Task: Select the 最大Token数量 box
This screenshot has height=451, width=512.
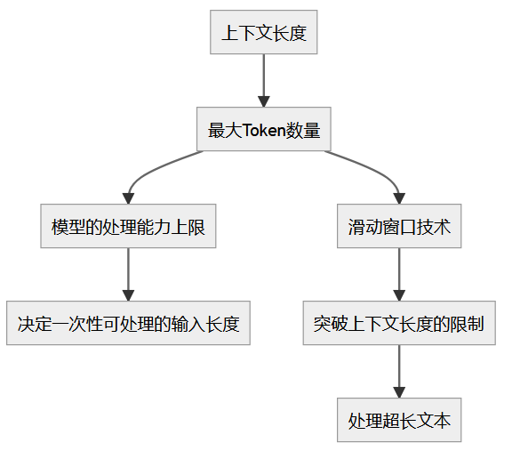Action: tap(263, 131)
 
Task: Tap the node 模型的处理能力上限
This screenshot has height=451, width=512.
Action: tap(128, 227)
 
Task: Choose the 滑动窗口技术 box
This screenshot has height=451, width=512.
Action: tap(399, 227)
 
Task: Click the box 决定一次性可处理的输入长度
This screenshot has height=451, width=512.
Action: tap(128, 323)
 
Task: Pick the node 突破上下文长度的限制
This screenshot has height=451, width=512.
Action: tap(399, 323)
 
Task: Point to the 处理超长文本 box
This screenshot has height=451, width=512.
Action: tap(399, 420)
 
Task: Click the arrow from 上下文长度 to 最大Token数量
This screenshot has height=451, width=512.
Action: tap(263, 83)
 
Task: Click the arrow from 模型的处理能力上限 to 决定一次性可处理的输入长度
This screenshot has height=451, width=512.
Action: tap(128, 275)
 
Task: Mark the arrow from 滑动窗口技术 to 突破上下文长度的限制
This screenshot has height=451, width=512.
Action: tap(399, 275)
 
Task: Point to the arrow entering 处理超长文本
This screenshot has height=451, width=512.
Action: tap(399, 372)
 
